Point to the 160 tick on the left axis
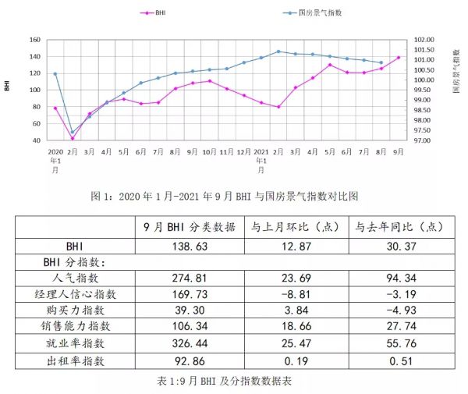34,40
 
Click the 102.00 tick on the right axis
424,40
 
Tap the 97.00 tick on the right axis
424,140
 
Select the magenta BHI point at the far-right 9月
399,57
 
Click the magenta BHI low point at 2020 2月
73,138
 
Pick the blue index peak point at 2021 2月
278,51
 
